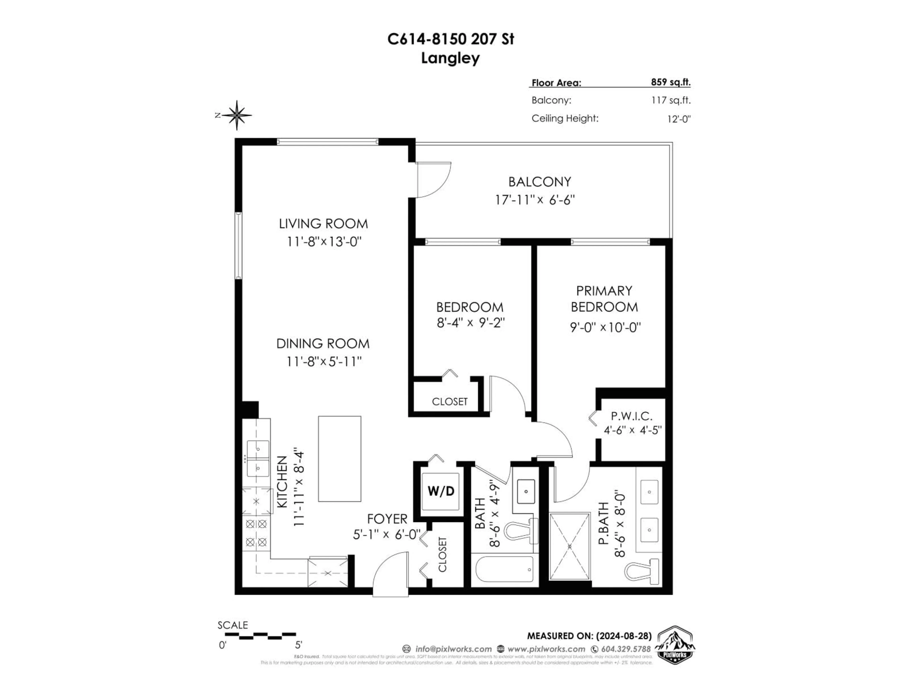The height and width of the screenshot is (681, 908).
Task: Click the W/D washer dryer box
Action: pyautogui.click(x=441, y=491)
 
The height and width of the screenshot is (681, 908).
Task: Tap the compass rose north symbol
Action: pyautogui.click(x=237, y=115)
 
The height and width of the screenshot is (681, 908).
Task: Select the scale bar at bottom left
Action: pyautogui.click(x=260, y=636)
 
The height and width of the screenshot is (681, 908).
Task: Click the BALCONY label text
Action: pyautogui.click(x=539, y=182)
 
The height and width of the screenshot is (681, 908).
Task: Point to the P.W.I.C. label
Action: pyautogui.click(x=631, y=416)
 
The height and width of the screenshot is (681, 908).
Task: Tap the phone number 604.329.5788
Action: pyautogui.click(x=626, y=649)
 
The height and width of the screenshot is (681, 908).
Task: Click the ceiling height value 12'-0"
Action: pyautogui.click(x=679, y=119)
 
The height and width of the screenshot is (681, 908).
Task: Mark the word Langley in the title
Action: pyautogui.click(x=450, y=58)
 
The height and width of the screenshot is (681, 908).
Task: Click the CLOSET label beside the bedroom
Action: pyautogui.click(x=450, y=402)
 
